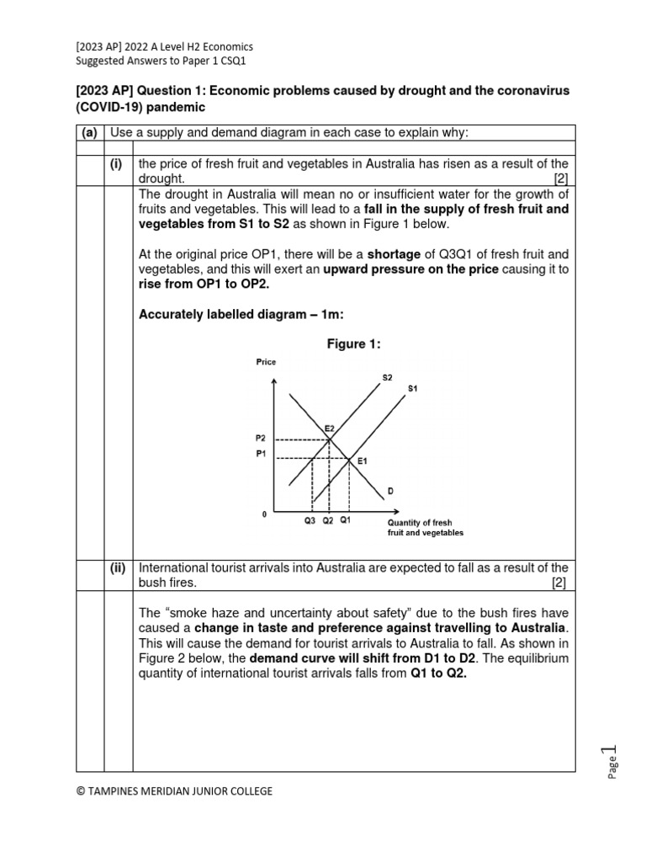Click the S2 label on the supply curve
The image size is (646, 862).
click(x=387, y=378)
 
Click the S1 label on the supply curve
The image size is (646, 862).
click(x=412, y=389)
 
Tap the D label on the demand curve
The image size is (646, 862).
click(x=390, y=490)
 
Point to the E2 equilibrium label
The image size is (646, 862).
click(x=330, y=428)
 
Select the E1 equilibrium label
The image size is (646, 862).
click(x=362, y=461)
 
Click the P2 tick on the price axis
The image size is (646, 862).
click(x=260, y=439)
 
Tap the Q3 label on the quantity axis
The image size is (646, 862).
click(x=310, y=521)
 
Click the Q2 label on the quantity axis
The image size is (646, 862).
click(x=328, y=521)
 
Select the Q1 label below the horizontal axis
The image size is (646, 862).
click(x=346, y=521)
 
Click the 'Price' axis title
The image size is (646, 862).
click(x=265, y=362)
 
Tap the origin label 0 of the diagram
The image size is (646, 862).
click(x=264, y=513)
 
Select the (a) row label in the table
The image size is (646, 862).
click(x=89, y=133)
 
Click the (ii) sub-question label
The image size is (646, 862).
click(x=118, y=568)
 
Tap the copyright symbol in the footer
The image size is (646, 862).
click(x=81, y=790)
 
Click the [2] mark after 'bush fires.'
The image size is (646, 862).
click(x=559, y=583)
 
